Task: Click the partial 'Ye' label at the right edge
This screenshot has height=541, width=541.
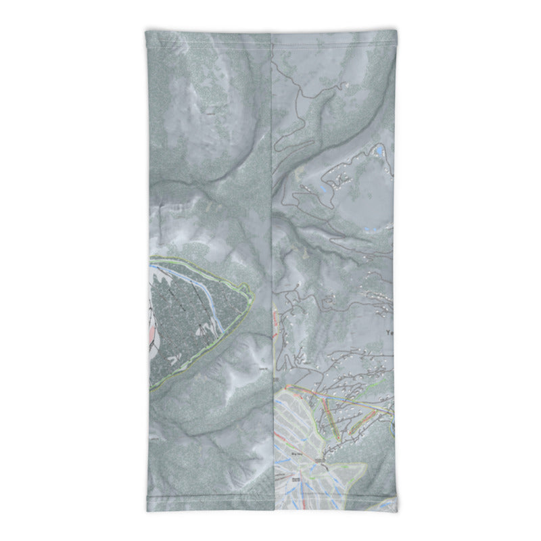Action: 389,333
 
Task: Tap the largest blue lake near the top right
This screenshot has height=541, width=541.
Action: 381,148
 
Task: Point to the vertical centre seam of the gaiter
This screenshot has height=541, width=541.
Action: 271,203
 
